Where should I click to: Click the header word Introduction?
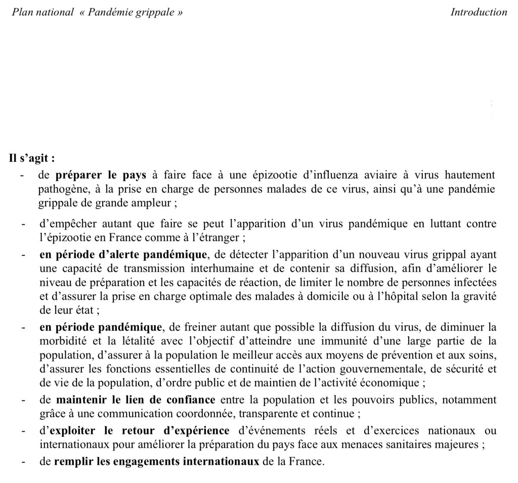479,12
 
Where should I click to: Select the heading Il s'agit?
32,158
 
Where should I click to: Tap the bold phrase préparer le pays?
101,175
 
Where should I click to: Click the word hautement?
470,175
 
